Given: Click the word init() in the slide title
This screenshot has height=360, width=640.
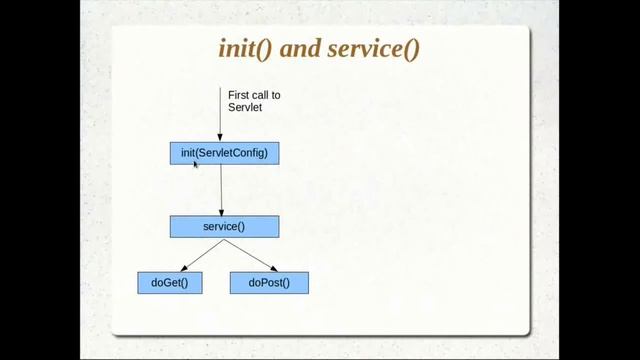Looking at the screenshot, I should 244,50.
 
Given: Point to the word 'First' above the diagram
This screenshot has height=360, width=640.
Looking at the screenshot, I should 238,95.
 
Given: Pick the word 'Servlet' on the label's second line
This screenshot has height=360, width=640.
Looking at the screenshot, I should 244,106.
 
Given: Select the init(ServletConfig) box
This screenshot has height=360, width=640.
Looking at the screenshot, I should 224,153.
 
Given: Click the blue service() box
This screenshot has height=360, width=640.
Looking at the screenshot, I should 224,227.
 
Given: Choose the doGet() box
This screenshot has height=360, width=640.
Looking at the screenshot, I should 169,283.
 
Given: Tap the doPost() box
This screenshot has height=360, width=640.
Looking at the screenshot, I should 269,283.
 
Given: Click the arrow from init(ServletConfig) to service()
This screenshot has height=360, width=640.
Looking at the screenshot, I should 221,190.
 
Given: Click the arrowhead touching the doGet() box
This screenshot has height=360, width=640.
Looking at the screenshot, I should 186,268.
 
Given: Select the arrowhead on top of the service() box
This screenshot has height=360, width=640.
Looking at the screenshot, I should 221,212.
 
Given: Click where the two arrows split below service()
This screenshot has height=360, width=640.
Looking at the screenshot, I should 224,239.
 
